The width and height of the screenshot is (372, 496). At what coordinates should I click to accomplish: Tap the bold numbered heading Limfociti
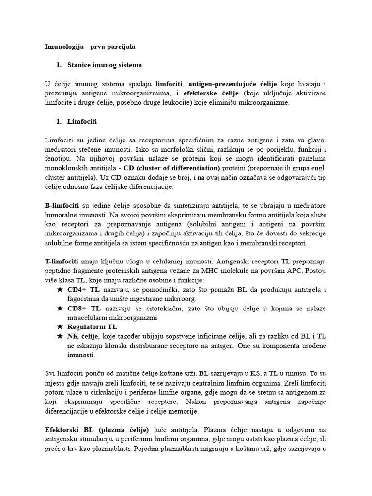(x=83, y=121)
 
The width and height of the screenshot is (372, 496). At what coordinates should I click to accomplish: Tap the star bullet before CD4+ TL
(x=60, y=290)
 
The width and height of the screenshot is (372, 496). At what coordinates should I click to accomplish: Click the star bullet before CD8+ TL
(x=60, y=308)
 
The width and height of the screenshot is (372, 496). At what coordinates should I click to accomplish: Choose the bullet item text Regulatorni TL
(x=93, y=327)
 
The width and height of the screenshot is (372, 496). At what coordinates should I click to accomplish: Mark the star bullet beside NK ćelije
(x=60, y=336)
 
